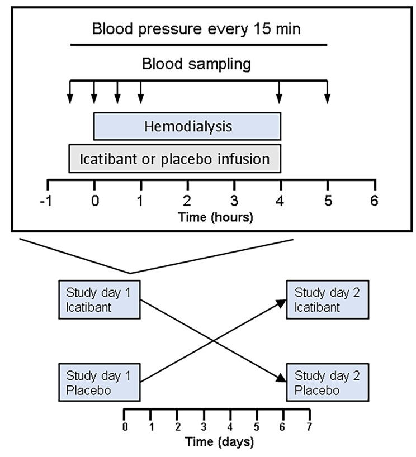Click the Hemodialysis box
[x=187, y=126]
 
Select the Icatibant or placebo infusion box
[x=174, y=159]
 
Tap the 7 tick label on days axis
[x=309, y=427]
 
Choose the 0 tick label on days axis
[x=124, y=427]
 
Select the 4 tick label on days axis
[x=230, y=427]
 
